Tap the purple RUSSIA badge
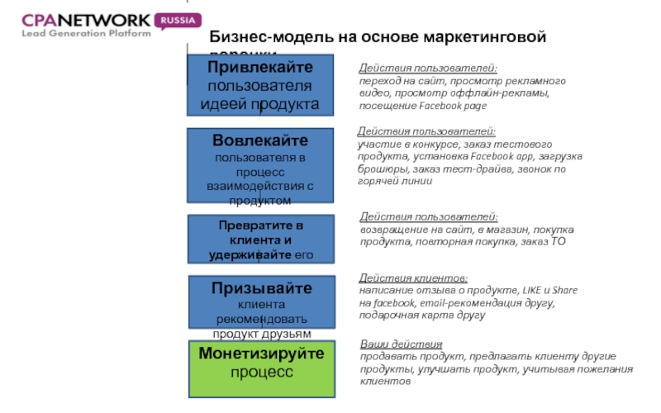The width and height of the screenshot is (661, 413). pyautogui.click(x=177, y=19)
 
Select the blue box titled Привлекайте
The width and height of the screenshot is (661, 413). pyautogui.click(x=260, y=84)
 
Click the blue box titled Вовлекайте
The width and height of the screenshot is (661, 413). pyautogui.click(x=260, y=165)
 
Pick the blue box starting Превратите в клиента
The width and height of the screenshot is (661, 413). pyautogui.click(x=260, y=239)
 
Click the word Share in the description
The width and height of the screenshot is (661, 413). pyautogui.click(x=564, y=291)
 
